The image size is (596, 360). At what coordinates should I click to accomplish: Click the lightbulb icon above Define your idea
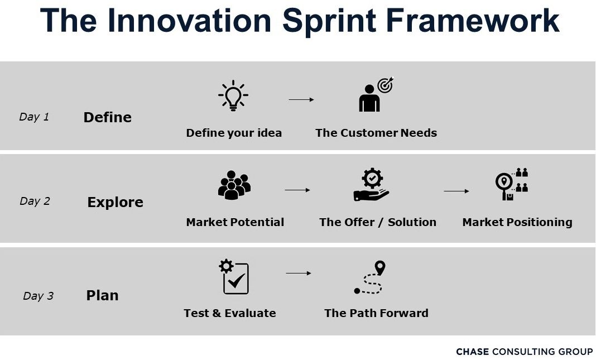233,95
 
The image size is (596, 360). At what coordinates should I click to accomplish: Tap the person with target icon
376,95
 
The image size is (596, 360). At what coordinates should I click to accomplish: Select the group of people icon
234,185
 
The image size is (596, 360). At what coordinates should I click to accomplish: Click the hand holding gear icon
371,185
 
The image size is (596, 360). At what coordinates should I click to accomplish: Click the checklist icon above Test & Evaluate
234,276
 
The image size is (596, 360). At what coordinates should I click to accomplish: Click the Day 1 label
34,117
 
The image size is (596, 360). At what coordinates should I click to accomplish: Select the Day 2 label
35,201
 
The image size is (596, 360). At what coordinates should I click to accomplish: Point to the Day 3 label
38,296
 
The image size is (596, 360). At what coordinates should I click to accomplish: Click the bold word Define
107,117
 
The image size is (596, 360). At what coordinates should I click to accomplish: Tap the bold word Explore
115,202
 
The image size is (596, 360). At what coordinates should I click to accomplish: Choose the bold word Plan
102,295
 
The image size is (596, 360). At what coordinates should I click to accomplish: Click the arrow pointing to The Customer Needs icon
301,100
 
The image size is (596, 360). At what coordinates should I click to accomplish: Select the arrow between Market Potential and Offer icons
297,190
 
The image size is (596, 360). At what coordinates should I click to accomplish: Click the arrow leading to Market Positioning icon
456,191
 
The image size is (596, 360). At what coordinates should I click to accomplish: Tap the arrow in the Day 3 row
299,273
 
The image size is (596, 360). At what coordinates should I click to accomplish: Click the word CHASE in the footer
472,352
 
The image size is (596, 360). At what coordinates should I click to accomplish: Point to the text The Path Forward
376,313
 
